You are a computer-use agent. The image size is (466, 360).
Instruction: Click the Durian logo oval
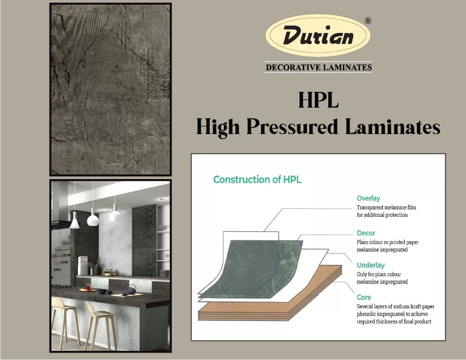click(x=318, y=35)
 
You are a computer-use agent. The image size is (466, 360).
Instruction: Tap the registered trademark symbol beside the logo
click(x=368, y=21)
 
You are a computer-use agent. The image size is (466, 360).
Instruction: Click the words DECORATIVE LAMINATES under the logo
click(x=319, y=67)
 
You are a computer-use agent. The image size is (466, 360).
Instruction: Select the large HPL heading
click(x=318, y=100)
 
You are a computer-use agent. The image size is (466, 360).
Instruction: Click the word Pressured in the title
click(x=292, y=127)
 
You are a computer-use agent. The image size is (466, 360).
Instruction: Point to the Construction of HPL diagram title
click(x=257, y=180)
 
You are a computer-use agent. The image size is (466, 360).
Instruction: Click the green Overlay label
click(x=368, y=198)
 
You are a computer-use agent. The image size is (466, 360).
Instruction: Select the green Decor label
click(x=366, y=233)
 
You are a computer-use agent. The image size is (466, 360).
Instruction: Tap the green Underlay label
click(x=370, y=265)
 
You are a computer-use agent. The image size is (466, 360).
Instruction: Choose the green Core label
click(x=364, y=297)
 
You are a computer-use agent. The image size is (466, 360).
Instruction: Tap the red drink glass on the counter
click(x=88, y=287)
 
